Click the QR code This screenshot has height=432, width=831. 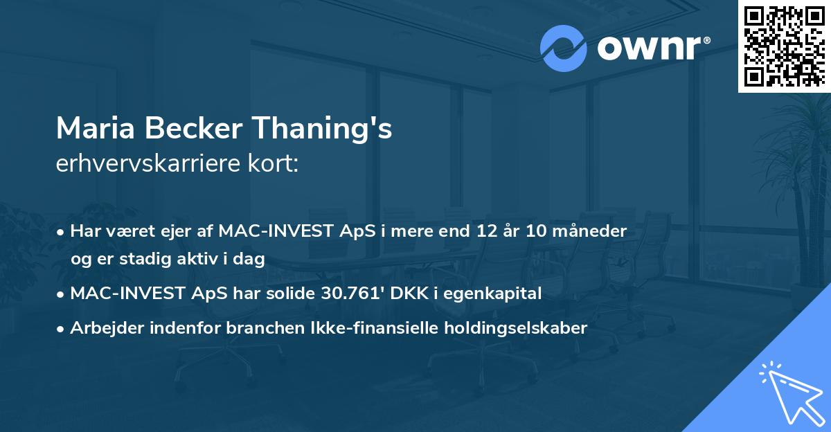tap(784, 46)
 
